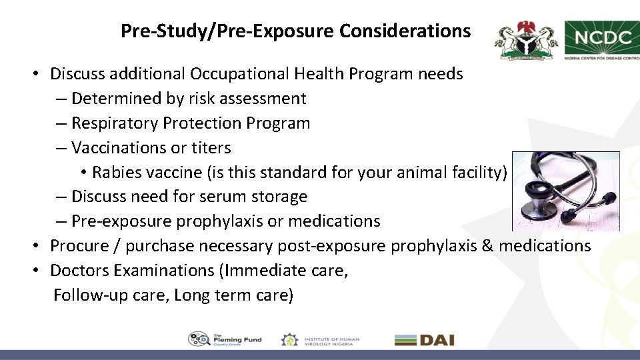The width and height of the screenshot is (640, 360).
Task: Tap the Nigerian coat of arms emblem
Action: click(527, 40)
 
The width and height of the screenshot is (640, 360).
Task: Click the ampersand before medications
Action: click(487, 246)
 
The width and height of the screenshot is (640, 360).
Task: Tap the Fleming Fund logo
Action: click(225, 339)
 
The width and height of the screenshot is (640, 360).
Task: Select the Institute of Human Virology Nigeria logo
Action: click(320, 339)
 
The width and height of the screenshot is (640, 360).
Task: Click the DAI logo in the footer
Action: click(424, 340)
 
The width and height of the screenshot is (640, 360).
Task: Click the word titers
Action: click(211, 148)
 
